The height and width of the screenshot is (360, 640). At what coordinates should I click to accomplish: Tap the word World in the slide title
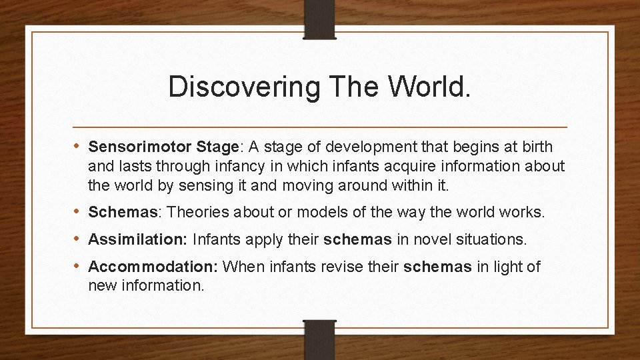click(x=423, y=87)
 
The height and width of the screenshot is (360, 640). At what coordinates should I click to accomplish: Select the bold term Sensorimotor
click(x=128, y=146)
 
